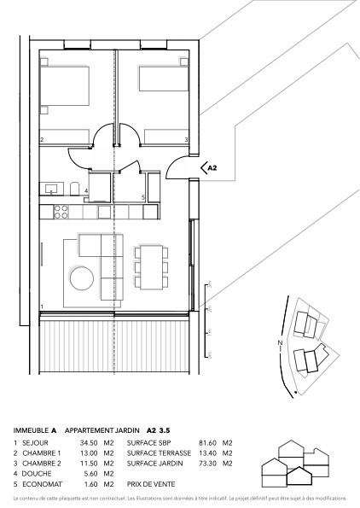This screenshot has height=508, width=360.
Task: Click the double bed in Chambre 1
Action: (64, 86)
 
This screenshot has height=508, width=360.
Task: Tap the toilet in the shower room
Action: (76, 189)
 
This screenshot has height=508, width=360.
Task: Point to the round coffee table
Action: (84, 278)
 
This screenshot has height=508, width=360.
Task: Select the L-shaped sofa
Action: (101, 265)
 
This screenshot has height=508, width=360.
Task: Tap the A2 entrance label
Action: (214, 169)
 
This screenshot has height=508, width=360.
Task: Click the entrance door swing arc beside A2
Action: (177, 166)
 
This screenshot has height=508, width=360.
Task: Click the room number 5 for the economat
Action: (142, 197)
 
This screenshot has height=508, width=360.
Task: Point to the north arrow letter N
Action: (279, 344)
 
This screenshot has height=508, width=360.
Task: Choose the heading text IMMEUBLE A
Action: (35, 430)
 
